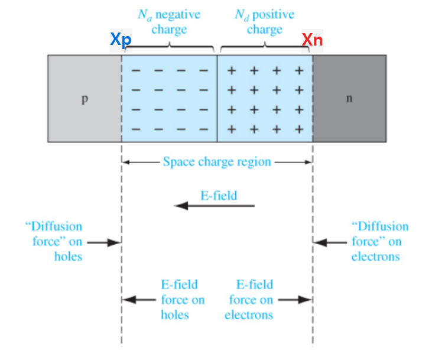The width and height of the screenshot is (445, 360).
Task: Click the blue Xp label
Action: pos(121,40)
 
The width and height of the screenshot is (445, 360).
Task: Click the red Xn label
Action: pos(313,40)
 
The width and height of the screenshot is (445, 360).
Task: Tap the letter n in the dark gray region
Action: pos(349,98)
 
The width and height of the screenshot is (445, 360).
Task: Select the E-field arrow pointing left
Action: pos(214,206)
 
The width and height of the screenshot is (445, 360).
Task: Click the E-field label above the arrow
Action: pos(219,194)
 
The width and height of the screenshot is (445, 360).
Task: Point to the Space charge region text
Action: pos(217,161)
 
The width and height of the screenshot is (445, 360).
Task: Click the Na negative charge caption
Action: pos(169,22)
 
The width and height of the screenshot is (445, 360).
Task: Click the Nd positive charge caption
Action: pos(264,22)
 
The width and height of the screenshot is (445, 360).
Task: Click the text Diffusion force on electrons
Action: pos(379,241)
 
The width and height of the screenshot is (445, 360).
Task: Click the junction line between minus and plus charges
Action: pos(217,98)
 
